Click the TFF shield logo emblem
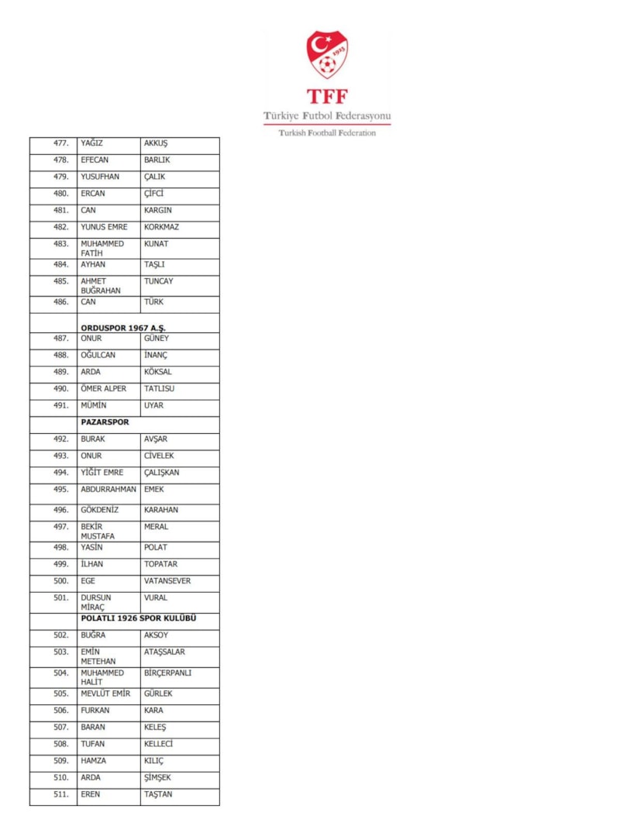pos(326,54)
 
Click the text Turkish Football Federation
pos(326,133)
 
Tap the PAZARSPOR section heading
pos(105,422)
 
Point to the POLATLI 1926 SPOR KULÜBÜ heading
pos(138,618)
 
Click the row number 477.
pos(60,143)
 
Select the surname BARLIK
pos(157,160)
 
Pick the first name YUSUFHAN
pos(100,177)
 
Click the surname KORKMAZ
pos(161,227)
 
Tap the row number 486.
pos(60,302)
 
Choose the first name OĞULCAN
pos(98,355)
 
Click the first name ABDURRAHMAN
pos(108,489)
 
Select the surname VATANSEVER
pos(167,580)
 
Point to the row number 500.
pos(60,580)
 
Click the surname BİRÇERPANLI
pos(167,673)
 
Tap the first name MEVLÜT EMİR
pos(105,693)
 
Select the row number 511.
pos(60,794)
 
